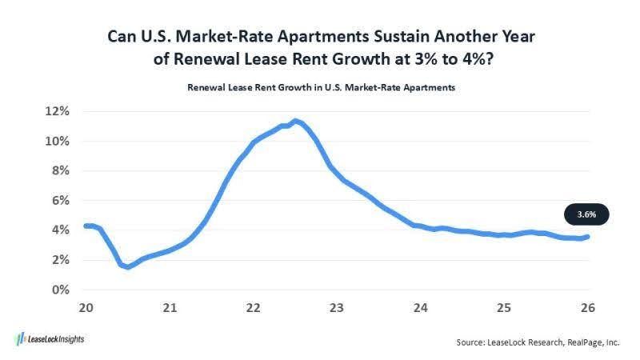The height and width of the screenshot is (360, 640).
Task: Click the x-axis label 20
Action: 86,307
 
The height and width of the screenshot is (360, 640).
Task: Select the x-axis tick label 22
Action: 253,307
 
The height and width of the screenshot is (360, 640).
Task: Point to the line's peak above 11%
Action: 295,121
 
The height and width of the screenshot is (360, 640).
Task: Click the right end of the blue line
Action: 588,236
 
